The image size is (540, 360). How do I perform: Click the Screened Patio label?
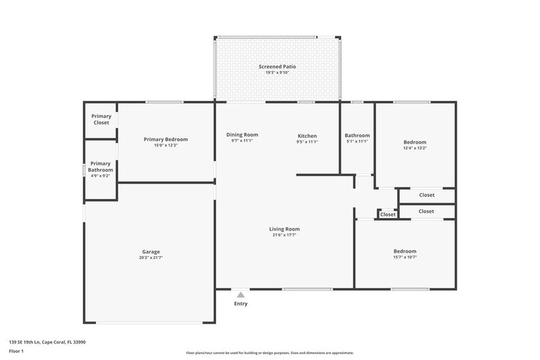coord(277,66)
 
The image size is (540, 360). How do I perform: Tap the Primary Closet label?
coord(101,119)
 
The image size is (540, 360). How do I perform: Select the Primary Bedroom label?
coord(166,139)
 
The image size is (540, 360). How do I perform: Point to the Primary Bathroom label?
coord(100,167)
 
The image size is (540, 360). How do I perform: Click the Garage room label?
coord(151,252)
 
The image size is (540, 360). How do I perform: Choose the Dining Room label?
coord(242,135)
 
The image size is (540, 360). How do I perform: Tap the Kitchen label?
coord(307,136)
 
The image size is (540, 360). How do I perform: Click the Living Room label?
coord(285,229)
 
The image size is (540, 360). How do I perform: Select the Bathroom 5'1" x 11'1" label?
coord(357,135)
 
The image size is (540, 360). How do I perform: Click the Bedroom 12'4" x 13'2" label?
coord(414,142)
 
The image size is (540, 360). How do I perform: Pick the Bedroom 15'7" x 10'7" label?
coord(405,251)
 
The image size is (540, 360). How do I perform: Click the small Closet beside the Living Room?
coord(388,214)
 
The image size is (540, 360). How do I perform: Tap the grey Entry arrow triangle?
coord(241,295)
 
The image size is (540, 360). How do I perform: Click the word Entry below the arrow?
coord(241,304)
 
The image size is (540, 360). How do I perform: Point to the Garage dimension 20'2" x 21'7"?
coord(151,258)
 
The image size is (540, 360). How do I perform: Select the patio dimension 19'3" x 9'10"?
coord(277,72)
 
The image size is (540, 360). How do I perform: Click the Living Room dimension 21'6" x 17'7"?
coord(285,235)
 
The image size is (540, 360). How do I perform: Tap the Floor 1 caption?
coord(16,351)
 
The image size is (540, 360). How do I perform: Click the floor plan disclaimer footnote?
coord(270,353)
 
